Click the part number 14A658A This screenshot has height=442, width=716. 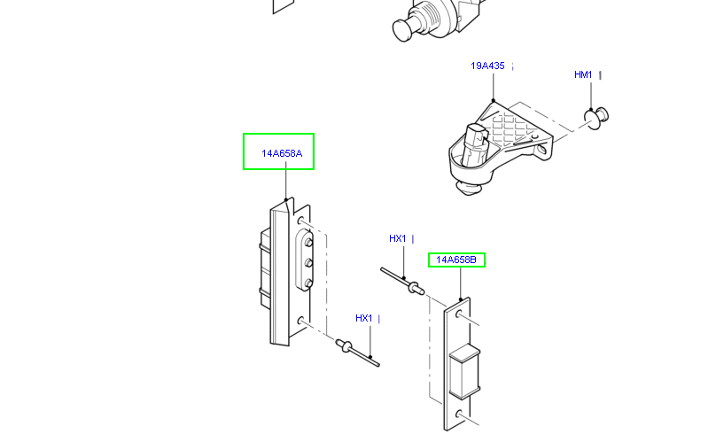pyautogui.click(x=281, y=153)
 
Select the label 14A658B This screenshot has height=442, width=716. pyautogui.click(x=456, y=260)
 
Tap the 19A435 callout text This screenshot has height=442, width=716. pyautogui.click(x=487, y=66)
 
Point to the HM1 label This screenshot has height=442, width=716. pyautogui.click(x=583, y=75)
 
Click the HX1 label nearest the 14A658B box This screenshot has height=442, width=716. pyautogui.click(x=397, y=238)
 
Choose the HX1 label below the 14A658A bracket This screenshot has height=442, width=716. pyautogui.click(x=363, y=318)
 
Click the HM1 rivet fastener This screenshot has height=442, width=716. pyautogui.click(x=596, y=116)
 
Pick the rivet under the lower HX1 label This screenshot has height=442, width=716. pyautogui.click(x=347, y=345)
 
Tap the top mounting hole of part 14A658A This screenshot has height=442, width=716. pyautogui.click(x=301, y=220)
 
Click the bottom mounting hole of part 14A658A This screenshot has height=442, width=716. pyautogui.click(x=301, y=321)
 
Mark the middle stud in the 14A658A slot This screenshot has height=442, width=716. pyautogui.click(x=307, y=262)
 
